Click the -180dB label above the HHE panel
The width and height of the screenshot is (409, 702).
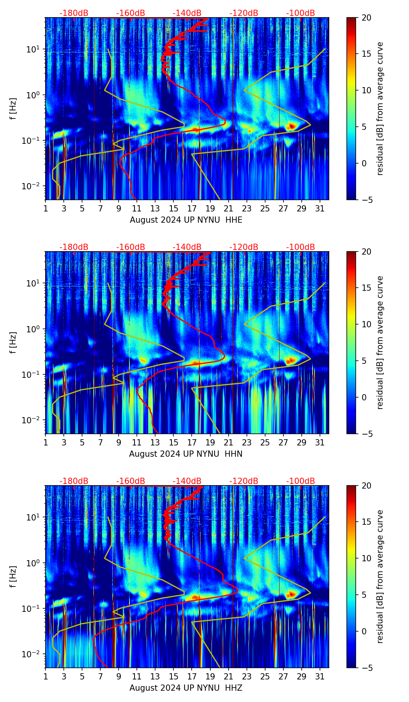pos(74,13)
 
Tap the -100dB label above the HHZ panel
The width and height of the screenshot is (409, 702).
pos(301,481)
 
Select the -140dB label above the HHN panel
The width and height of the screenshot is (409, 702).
pos(187,247)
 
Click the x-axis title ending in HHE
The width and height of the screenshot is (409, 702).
pos(186,220)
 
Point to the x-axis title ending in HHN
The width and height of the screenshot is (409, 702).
pos(186,454)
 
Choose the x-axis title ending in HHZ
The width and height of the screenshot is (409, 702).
pos(186,688)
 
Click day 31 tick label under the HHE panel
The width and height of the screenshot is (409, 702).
pos(320,209)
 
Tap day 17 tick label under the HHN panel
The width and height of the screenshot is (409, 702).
pos(192,443)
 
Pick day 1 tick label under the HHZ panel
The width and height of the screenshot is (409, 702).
pos(46,677)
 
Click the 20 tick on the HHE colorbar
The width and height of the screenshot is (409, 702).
pos(366,17)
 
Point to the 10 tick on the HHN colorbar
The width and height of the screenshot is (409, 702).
pos(366,324)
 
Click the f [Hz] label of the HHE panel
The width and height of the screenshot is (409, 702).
pos(13,108)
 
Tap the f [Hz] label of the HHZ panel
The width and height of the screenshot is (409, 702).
pos(13,576)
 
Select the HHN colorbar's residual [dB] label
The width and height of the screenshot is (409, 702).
pos(380,342)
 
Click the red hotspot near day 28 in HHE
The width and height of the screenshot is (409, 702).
pos(292,126)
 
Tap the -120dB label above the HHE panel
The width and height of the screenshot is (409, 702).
pos(244,13)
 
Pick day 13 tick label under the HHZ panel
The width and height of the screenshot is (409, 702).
pos(156,677)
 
